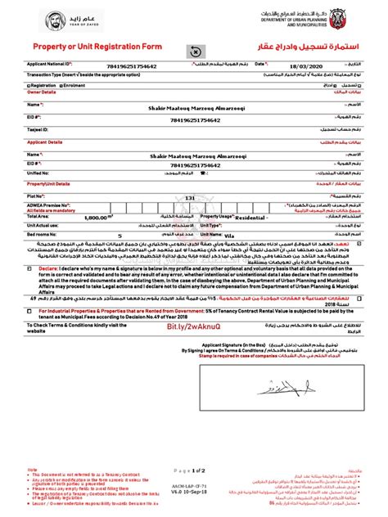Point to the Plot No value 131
coord(189,197)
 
